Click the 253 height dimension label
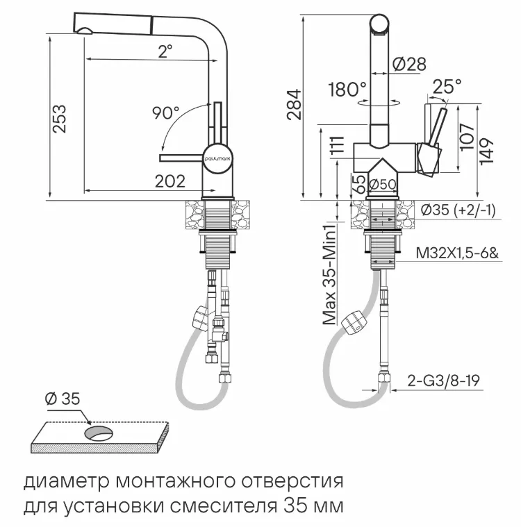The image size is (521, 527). click(60, 119)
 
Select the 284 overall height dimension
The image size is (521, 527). click(295, 104)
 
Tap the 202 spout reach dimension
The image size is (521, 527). click(170, 181)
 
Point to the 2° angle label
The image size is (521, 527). click(165, 51)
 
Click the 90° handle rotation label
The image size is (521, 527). click(167, 112)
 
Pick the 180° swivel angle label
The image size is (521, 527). click(347, 90)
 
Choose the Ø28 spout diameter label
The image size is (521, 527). click(409, 65)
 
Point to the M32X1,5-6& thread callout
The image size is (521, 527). click(457, 254)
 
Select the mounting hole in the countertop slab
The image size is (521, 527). click(99, 433)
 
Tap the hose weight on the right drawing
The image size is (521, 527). click(355, 321)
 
